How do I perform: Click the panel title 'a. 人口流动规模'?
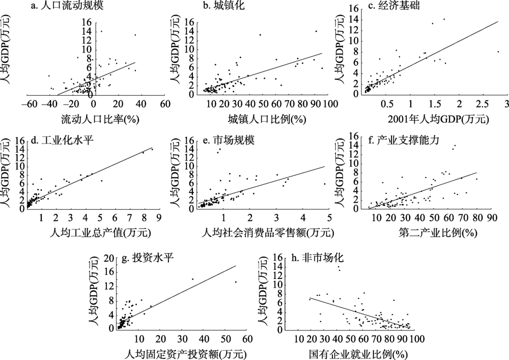(71, 7)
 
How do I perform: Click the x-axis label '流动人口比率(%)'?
(94, 120)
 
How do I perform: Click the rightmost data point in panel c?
(498, 51)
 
